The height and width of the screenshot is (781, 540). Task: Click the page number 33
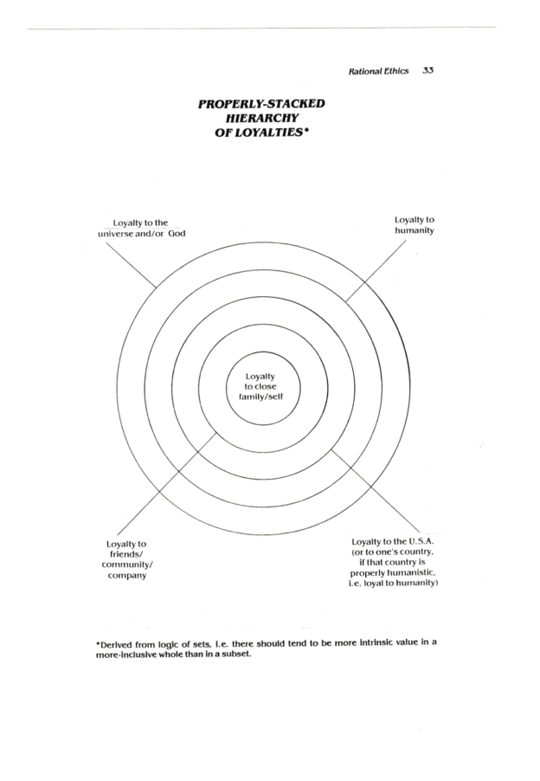[x=427, y=71]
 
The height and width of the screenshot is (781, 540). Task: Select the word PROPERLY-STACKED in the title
[x=260, y=105]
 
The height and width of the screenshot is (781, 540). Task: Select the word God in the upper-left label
[x=177, y=234]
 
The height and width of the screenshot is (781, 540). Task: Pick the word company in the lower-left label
[x=125, y=575]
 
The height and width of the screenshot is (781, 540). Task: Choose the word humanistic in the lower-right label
[x=405, y=573]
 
